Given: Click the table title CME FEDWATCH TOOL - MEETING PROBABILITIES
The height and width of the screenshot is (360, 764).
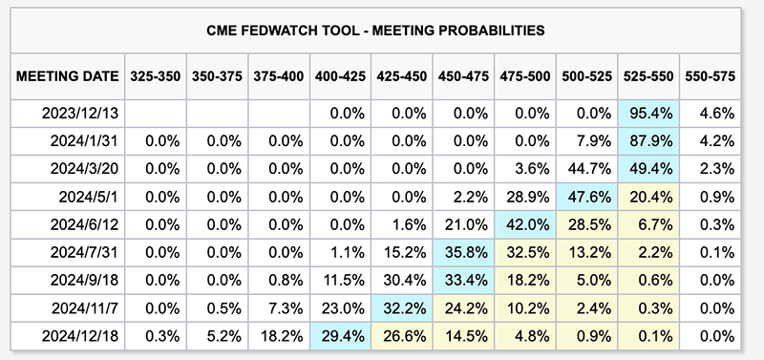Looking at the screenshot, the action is [x=375, y=31].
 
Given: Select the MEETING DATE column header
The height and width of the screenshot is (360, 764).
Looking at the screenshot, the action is [x=67, y=76].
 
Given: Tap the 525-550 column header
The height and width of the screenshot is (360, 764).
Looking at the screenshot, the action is [x=648, y=76].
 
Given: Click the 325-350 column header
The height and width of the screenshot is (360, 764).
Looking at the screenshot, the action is [x=155, y=76].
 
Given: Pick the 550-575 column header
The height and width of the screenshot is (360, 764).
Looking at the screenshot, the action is [x=710, y=76].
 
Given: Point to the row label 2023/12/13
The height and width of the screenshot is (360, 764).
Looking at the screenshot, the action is [x=80, y=114].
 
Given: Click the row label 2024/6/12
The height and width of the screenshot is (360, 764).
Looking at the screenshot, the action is [x=84, y=224].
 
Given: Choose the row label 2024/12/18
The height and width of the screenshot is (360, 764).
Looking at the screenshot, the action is [x=80, y=336].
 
